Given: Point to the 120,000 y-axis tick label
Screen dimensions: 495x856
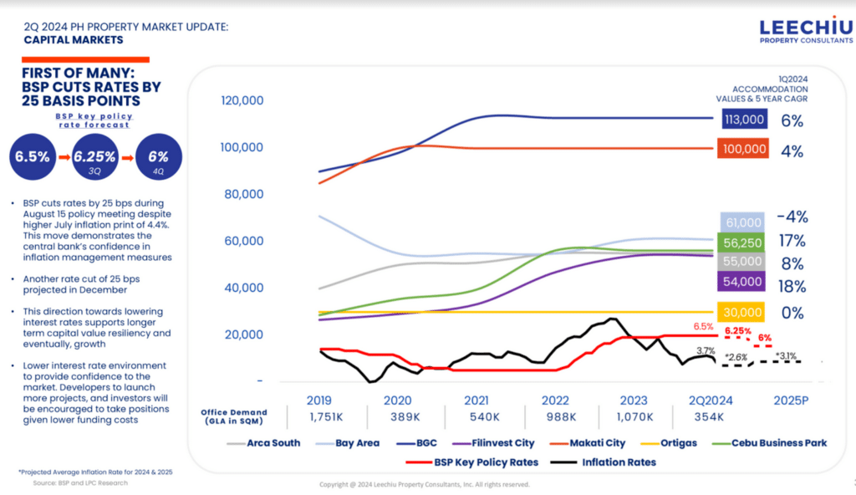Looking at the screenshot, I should (242, 100).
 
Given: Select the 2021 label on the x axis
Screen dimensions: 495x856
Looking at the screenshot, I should (476, 400).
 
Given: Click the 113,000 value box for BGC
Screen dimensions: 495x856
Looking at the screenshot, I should (743, 120).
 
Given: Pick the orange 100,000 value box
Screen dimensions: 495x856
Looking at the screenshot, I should (743, 151).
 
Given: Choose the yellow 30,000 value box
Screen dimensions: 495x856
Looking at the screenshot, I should (743, 313).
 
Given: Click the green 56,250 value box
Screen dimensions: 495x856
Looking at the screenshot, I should (743, 242).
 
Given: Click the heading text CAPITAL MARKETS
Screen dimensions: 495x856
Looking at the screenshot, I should (73, 40).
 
